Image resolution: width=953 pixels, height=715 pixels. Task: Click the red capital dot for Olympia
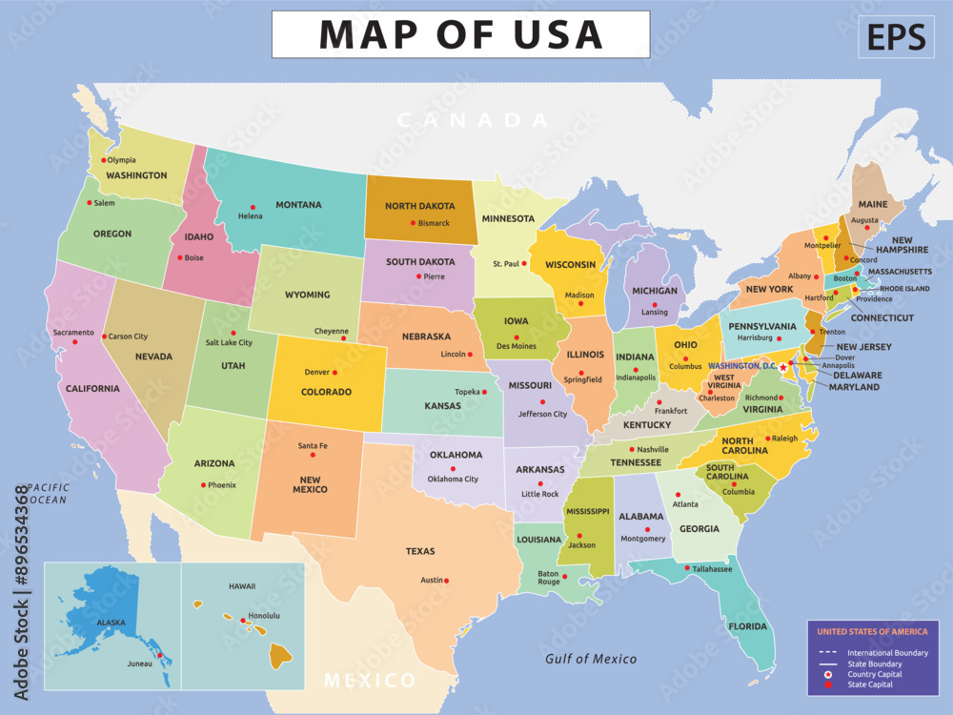102,160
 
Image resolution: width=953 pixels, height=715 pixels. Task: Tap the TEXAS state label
420,551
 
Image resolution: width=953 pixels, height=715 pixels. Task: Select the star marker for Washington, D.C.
783,367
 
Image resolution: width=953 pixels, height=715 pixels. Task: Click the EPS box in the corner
896,36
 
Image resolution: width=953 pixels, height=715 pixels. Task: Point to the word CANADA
473,120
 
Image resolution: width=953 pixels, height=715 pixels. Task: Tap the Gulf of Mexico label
591,659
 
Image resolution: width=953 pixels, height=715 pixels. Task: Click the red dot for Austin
446,581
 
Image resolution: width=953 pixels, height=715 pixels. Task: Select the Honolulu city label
264,616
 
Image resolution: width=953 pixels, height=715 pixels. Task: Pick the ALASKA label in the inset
111,622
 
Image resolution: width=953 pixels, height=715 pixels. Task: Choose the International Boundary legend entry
887,652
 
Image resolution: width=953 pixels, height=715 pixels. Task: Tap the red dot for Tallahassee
687,569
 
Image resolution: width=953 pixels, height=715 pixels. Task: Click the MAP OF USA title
460,34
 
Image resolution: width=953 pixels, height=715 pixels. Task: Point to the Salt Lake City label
229,342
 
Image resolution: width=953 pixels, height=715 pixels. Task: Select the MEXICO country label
370,681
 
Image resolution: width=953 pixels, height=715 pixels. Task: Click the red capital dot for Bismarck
413,223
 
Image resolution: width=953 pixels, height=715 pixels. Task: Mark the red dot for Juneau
160,655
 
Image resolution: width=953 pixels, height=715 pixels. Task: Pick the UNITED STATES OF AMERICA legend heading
872,631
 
